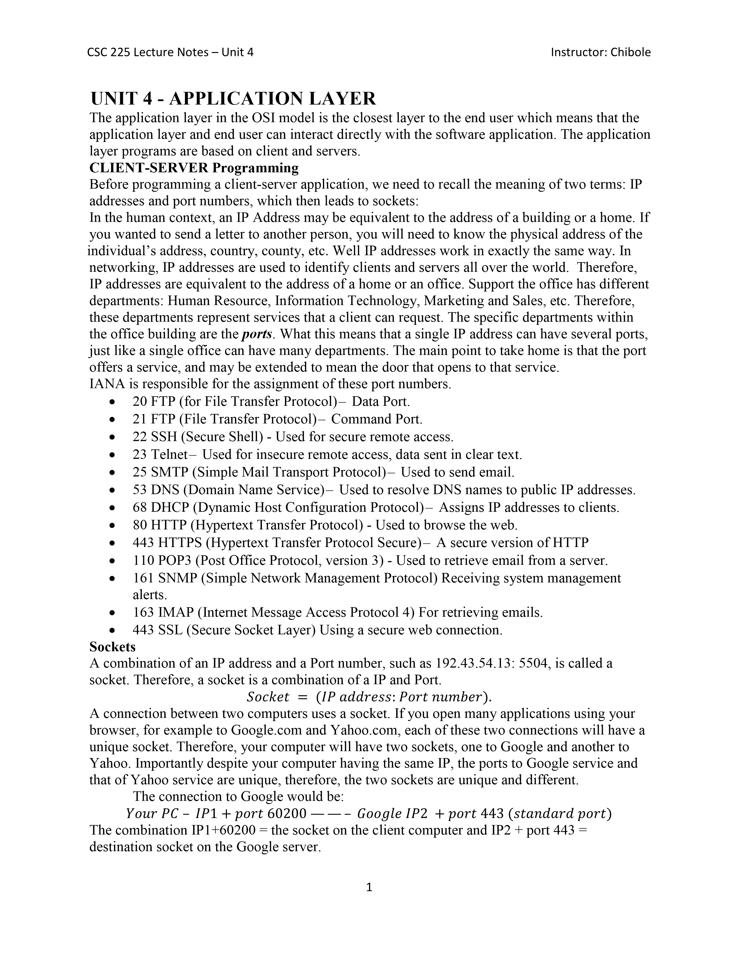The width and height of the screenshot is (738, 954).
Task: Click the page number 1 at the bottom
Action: tap(368, 887)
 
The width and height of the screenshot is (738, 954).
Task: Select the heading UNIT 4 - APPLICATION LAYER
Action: tap(233, 99)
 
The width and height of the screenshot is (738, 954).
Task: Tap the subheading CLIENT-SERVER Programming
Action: tap(194, 168)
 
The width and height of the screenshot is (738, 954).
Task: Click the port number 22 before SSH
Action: tap(140, 437)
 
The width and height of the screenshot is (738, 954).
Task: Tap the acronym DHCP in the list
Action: tap(170, 508)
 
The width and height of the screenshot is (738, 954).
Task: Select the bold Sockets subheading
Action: tap(112, 646)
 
